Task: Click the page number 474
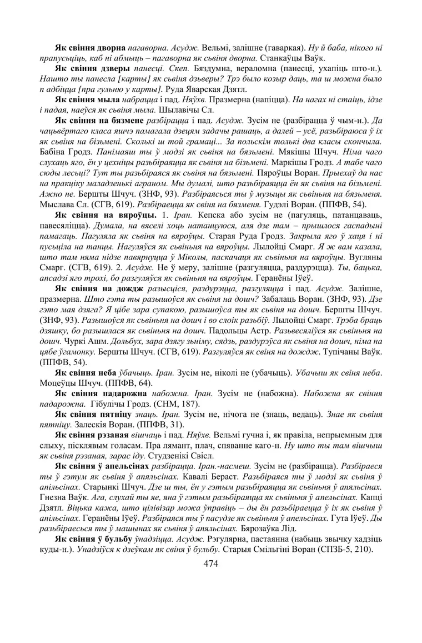pos(210,564)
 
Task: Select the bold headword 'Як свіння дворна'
pos(90,48)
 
